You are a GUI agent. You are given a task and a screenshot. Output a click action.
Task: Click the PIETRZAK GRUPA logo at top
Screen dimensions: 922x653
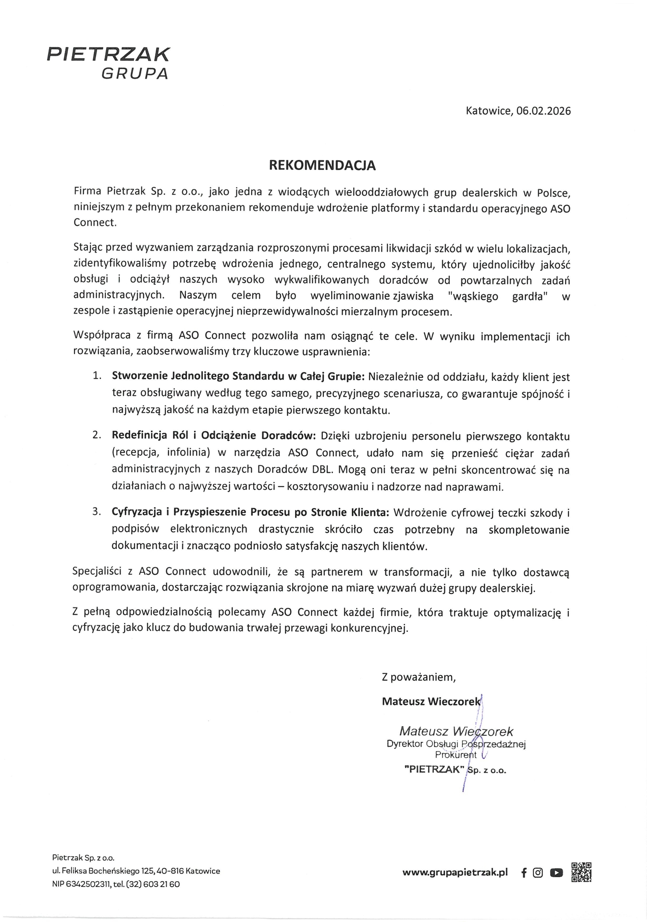(x=109, y=62)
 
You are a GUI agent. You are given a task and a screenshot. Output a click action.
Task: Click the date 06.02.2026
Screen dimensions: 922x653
(x=543, y=111)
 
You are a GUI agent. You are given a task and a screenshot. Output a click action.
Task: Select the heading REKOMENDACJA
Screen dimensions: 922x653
(x=322, y=166)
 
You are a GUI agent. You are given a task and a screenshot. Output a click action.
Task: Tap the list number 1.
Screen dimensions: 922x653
(x=97, y=375)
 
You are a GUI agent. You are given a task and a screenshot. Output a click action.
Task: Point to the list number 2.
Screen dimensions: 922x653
(x=97, y=435)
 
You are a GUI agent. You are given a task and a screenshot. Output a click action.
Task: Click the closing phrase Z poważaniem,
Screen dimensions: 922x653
(x=419, y=677)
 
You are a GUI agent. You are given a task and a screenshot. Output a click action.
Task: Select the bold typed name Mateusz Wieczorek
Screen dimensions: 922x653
(x=431, y=702)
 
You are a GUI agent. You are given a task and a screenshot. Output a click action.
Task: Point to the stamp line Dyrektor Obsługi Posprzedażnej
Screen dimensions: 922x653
(x=456, y=744)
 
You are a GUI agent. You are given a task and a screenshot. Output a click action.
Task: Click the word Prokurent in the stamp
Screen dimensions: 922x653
(x=456, y=755)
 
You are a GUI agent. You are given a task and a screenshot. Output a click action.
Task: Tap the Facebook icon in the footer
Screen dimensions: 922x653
(x=524, y=873)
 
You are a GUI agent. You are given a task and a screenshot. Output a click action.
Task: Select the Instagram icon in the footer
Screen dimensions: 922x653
(x=538, y=873)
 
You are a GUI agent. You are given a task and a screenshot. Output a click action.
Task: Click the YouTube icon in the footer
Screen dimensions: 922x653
(x=556, y=873)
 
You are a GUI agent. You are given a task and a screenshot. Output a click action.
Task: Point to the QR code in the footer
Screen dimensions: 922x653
(x=581, y=872)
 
